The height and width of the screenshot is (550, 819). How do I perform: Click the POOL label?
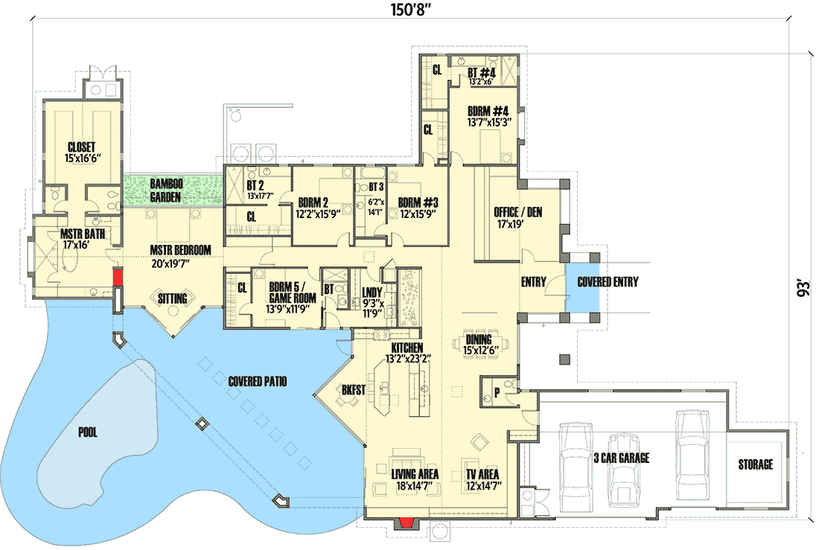tap(89, 431)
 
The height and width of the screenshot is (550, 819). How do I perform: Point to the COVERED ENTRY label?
tap(608, 282)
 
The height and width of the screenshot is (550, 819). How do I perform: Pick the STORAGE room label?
tap(755, 464)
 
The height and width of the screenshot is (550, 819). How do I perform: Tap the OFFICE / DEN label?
tap(518, 212)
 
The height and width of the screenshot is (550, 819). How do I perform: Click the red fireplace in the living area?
tap(406, 522)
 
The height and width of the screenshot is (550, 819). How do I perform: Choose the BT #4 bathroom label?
tap(482, 74)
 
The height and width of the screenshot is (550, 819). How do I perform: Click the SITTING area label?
tap(173, 298)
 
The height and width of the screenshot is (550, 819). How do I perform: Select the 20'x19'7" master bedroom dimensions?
tap(180, 263)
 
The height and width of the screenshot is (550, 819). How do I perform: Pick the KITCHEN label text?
tap(407, 348)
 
